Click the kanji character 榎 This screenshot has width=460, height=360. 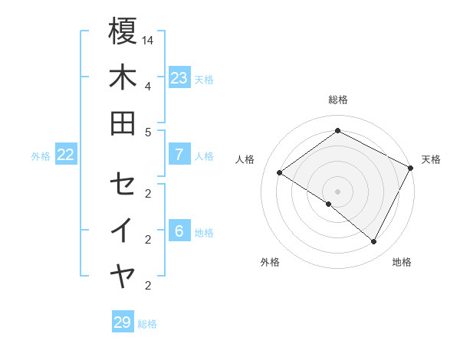123,32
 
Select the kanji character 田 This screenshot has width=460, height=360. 123,123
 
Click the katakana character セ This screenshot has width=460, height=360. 123,185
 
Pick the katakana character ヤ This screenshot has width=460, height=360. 123,275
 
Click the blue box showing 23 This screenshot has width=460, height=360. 179,78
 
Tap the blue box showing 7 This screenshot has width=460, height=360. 179,155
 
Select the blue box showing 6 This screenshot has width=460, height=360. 179,231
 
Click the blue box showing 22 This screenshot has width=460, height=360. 66,155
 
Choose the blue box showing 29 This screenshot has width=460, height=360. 122,322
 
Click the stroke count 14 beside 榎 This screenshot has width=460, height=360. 148,39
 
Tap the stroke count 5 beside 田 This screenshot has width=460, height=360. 147,131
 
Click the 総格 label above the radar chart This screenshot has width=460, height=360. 337,100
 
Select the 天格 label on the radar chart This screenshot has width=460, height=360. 431,159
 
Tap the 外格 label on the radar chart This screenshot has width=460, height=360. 270,262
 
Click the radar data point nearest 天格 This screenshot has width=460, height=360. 411,168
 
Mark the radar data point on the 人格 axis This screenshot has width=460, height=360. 280,173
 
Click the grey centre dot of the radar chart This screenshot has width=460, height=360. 337,191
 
